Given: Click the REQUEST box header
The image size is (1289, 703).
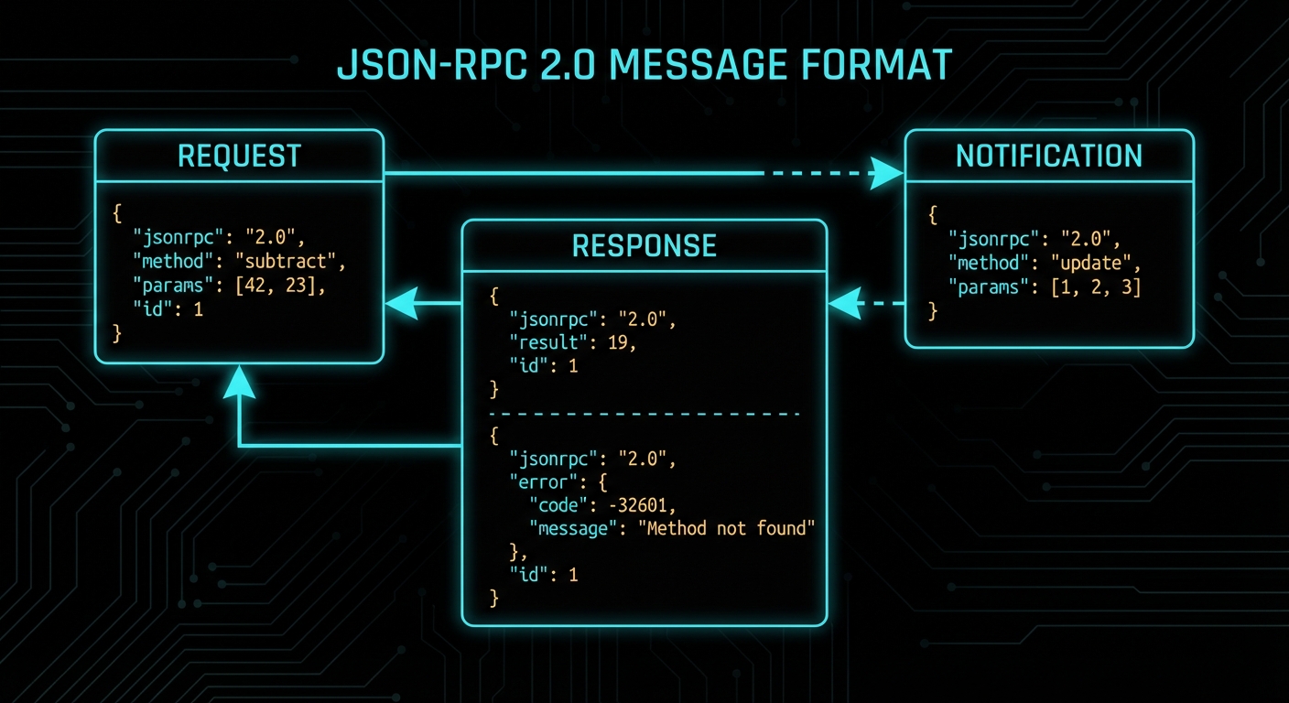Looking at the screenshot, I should coord(239,157).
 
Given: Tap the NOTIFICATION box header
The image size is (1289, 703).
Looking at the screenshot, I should coord(1049,157).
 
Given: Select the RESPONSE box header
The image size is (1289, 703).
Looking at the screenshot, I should coord(644,245).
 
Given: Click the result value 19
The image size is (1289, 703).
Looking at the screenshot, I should coord(620,342).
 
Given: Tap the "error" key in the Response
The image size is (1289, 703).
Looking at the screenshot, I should coord(545,481).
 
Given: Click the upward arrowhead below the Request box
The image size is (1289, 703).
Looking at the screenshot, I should coord(239,382).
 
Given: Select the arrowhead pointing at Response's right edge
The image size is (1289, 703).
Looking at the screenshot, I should coord(845,303).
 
